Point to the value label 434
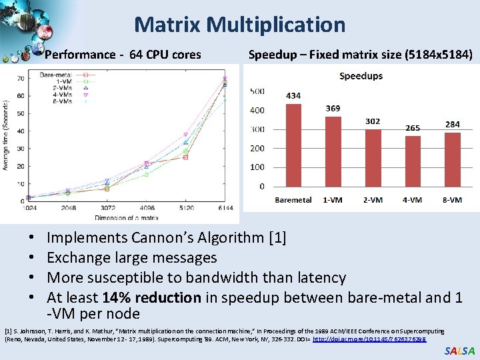pos(293,95)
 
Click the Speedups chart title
pos(361,76)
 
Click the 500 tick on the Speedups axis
pos(257,91)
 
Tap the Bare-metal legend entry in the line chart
pos(56,75)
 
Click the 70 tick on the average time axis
pos(21,79)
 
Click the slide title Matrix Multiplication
pos(240,25)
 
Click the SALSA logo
pos(459,351)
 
